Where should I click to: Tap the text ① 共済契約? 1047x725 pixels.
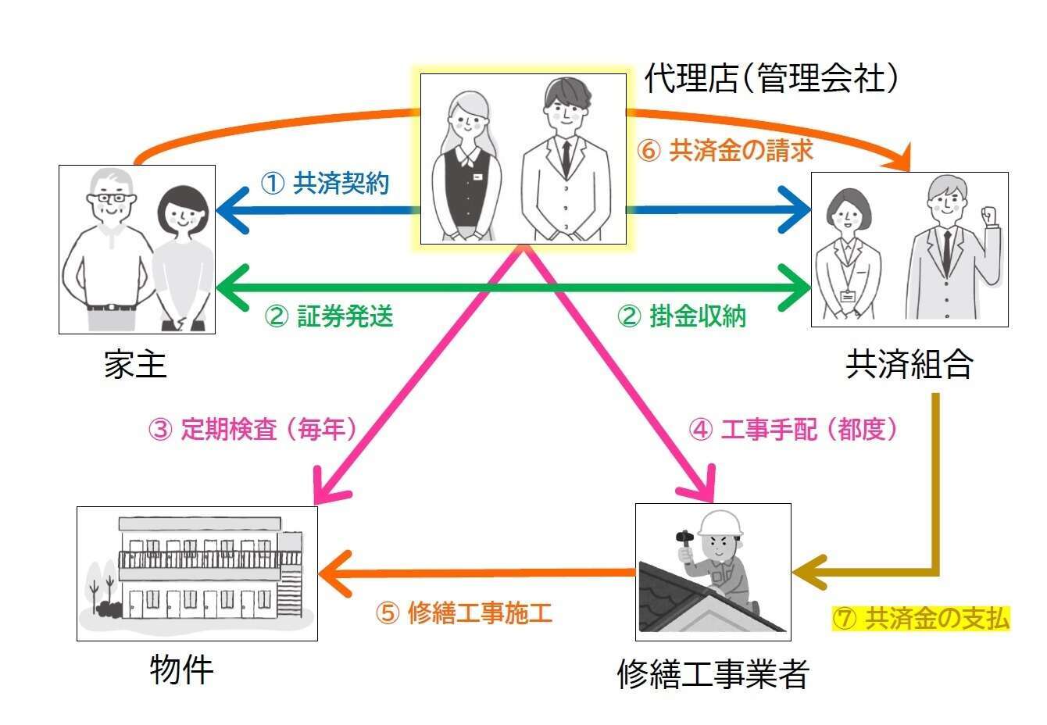(x=324, y=184)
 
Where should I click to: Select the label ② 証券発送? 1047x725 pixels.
(x=329, y=316)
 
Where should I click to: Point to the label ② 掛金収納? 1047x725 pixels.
(x=681, y=316)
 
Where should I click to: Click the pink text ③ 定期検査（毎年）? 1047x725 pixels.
(x=252, y=429)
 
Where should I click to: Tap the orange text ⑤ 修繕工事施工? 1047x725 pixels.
(x=464, y=613)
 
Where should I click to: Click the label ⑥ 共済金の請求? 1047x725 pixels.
(x=725, y=150)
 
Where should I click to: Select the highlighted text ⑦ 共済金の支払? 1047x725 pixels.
(x=921, y=619)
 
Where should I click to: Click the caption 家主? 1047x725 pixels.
(x=135, y=365)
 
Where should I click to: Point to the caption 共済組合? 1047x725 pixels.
(x=909, y=364)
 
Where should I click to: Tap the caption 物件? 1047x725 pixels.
(x=180, y=670)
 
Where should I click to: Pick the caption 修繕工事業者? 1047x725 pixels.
(x=712, y=673)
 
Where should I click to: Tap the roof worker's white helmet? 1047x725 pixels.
(x=719, y=523)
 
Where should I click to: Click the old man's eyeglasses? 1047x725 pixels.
(x=109, y=199)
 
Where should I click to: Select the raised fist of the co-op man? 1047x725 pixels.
(x=990, y=214)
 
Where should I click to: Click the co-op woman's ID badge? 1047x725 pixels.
(x=847, y=296)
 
